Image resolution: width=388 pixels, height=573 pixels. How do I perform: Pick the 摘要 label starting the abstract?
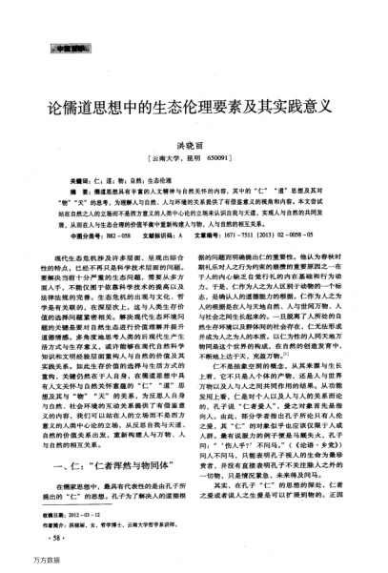tap(88, 191)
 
